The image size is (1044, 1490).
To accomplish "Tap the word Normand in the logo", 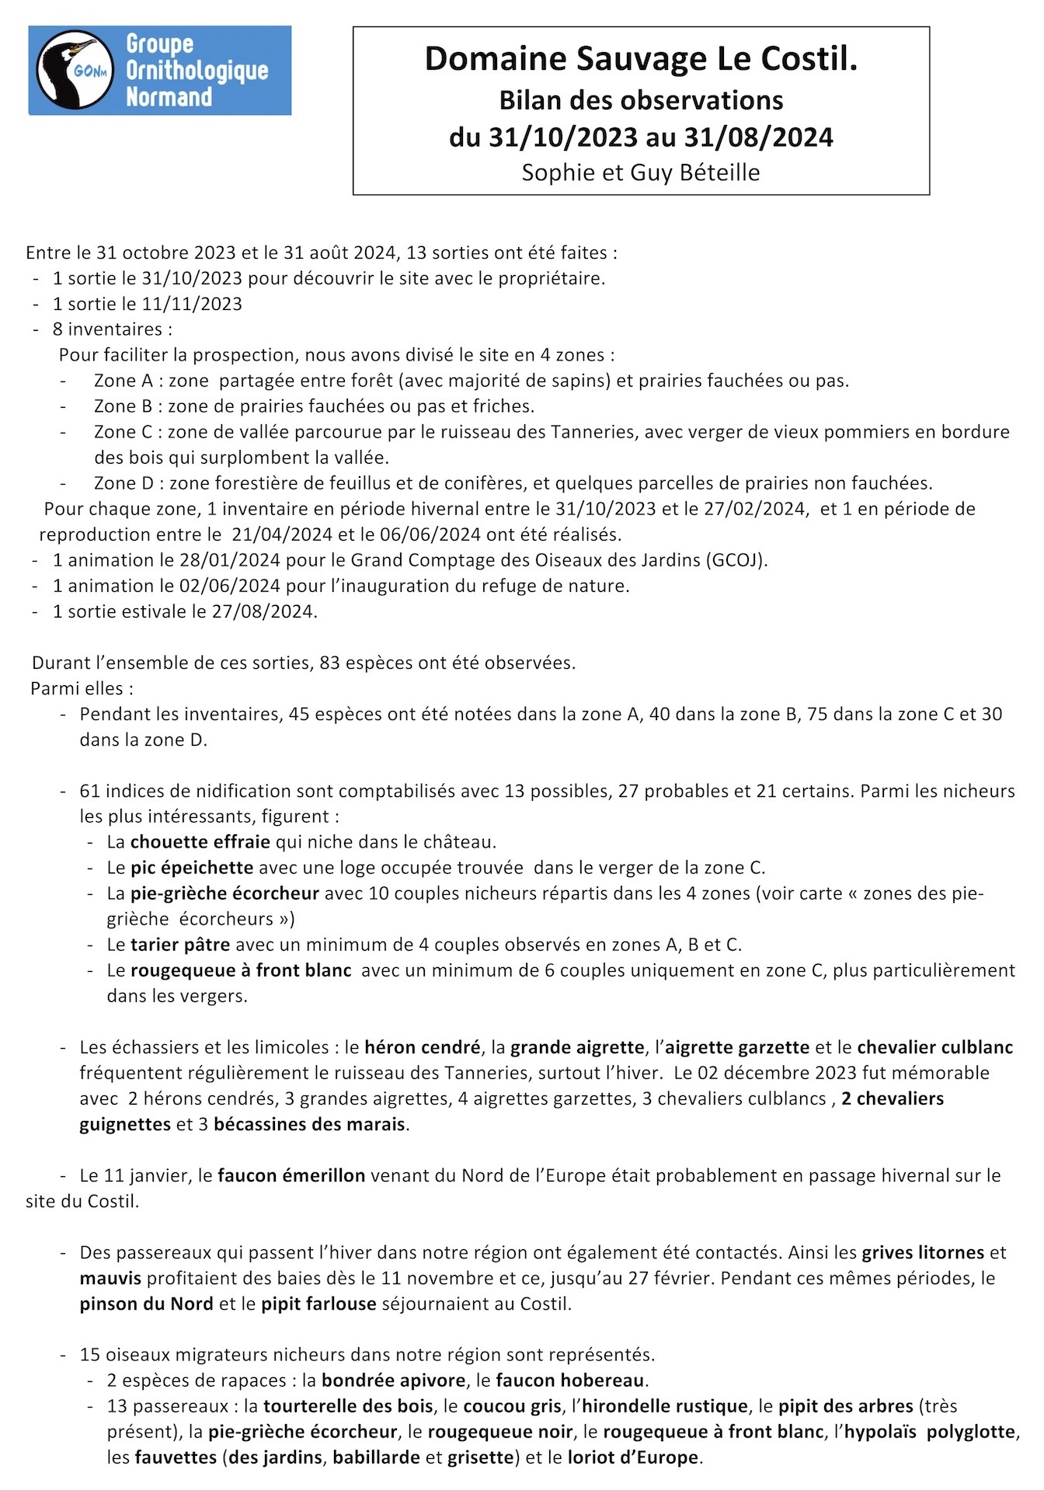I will [169, 97].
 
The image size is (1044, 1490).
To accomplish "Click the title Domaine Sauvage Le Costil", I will [641, 59].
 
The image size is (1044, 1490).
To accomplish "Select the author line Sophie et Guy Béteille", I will [641, 172].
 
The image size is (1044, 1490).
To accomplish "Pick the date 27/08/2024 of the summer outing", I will [263, 611].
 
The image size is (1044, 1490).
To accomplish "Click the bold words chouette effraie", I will [200, 842].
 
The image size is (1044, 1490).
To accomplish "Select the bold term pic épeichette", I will [191, 868].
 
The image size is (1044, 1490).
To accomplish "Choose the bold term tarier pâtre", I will [179, 945].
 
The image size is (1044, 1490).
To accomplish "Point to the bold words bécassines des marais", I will [309, 1124].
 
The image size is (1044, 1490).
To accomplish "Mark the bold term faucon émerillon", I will [291, 1175].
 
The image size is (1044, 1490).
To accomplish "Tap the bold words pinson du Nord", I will [146, 1304].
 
